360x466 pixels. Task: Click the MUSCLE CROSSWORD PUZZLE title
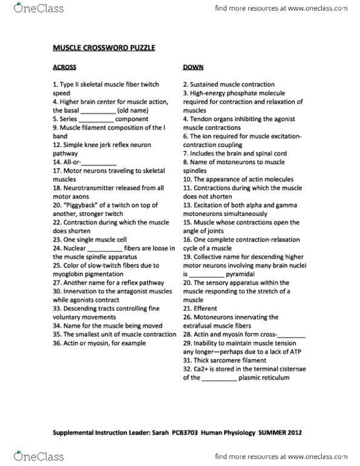(x=103, y=47)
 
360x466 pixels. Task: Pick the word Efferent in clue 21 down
(x=205, y=308)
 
